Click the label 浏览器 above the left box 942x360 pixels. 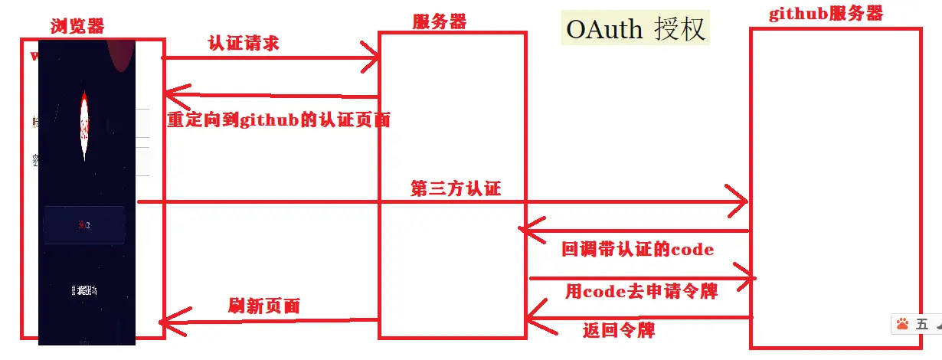coord(77,26)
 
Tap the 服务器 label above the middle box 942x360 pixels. coord(439,21)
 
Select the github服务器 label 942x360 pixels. coord(826,14)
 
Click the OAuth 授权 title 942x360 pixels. coord(635,28)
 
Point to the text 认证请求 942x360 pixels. coord(243,43)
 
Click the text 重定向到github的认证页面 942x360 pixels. coord(279,119)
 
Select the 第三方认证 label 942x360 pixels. coord(456,188)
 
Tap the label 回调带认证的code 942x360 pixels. coord(638,249)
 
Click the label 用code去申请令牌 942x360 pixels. coord(641,291)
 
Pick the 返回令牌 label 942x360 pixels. coord(618,330)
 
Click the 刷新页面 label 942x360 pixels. coord(263,306)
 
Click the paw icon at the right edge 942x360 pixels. coord(902,324)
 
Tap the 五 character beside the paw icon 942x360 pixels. coord(922,324)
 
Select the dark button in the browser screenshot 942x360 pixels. coord(84,224)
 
